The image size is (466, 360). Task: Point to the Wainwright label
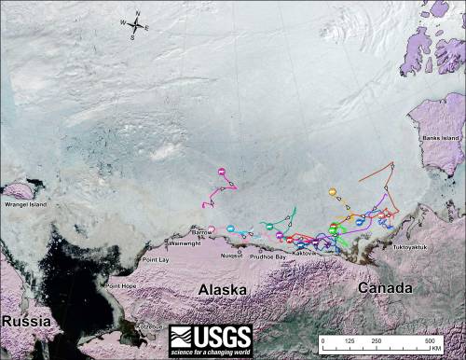(x=184, y=243)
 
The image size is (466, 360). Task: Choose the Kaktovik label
(x=305, y=253)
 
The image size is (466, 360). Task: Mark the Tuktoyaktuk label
(x=413, y=246)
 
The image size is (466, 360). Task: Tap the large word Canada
(x=385, y=288)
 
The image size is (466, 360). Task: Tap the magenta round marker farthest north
(x=221, y=171)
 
